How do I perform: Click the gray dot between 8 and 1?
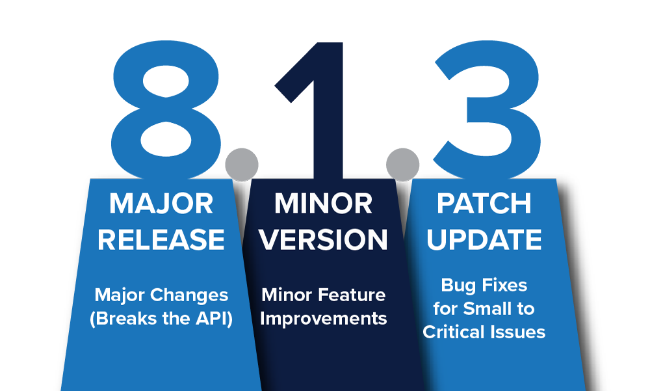click(242, 165)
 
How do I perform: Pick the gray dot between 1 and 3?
click(402, 165)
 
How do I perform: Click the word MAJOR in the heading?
click(161, 204)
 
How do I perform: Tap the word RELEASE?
click(161, 239)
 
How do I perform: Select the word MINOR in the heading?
click(323, 204)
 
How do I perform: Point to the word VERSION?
click(323, 239)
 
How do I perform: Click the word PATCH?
click(484, 204)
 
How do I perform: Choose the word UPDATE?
click(484, 239)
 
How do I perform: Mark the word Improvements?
click(323, 319)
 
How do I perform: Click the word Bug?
click(457, 286)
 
